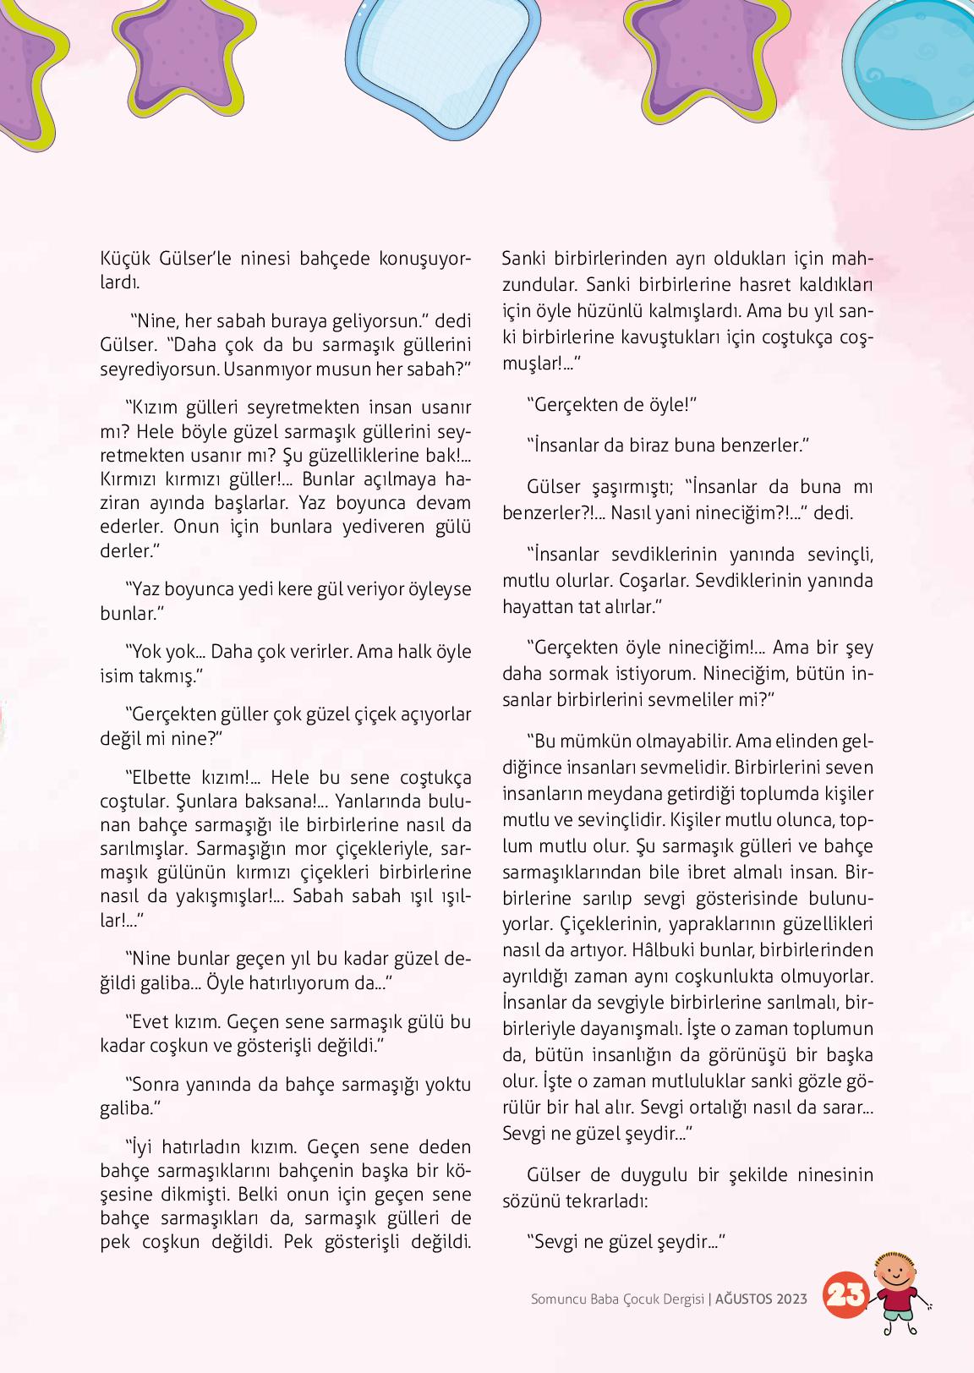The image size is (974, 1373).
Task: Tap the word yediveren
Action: coord(366,527)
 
